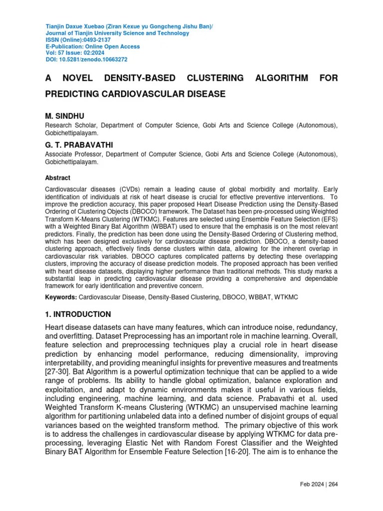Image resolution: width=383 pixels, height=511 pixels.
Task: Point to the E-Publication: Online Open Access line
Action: (93, 46)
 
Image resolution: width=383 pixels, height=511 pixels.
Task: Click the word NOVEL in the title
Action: (81, 78)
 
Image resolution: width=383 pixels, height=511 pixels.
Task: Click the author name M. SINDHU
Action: (65, 116)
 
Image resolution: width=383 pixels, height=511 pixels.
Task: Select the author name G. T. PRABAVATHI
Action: (79, 145)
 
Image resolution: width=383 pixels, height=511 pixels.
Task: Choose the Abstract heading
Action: (58, 178)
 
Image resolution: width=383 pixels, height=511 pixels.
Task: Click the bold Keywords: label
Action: (61, 297)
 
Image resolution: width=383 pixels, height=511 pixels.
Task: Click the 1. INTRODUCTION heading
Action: (78, 314)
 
